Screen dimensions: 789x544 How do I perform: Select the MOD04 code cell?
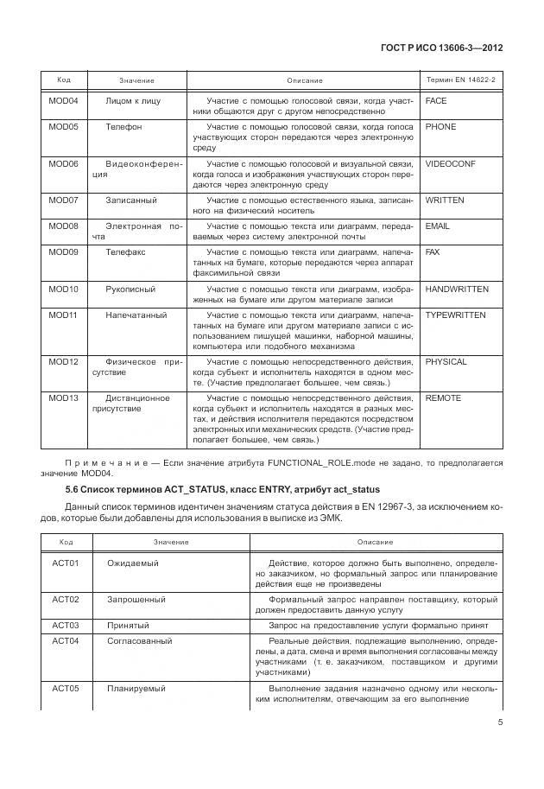click(x=63, y=101)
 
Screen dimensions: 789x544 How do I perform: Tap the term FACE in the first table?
click(x=436, y=101)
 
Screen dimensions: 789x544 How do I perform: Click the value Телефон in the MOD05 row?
click(x=123, y=127)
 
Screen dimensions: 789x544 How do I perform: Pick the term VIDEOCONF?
click(x=450, y=163)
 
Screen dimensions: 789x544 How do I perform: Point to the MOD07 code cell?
click(x=63, y=200)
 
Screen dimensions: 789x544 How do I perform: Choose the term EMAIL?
click(x=438, y=226)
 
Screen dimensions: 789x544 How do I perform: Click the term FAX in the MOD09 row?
click(x=433, y=252)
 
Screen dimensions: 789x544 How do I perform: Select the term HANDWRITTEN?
click(x=457, y=289)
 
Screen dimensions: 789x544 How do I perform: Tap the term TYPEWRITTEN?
click(x=456, y=315)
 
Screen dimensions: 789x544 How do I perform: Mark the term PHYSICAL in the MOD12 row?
click(x=446, y=361)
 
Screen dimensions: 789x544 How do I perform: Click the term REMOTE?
click(x=443, y=398)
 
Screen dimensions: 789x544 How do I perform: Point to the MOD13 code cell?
click(x=63, y=398)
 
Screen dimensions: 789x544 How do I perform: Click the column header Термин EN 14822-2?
click(x=461, y=80)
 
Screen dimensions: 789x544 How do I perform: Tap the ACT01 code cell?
click(x=66, y=563)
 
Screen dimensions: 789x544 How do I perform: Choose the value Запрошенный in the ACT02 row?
click(x=136, y=599)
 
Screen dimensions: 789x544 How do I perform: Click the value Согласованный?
click(x=139, y=641)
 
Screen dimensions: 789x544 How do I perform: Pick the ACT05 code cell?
click(x=66, y=688)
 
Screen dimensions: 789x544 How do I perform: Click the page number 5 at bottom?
click(x=500, y=724)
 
